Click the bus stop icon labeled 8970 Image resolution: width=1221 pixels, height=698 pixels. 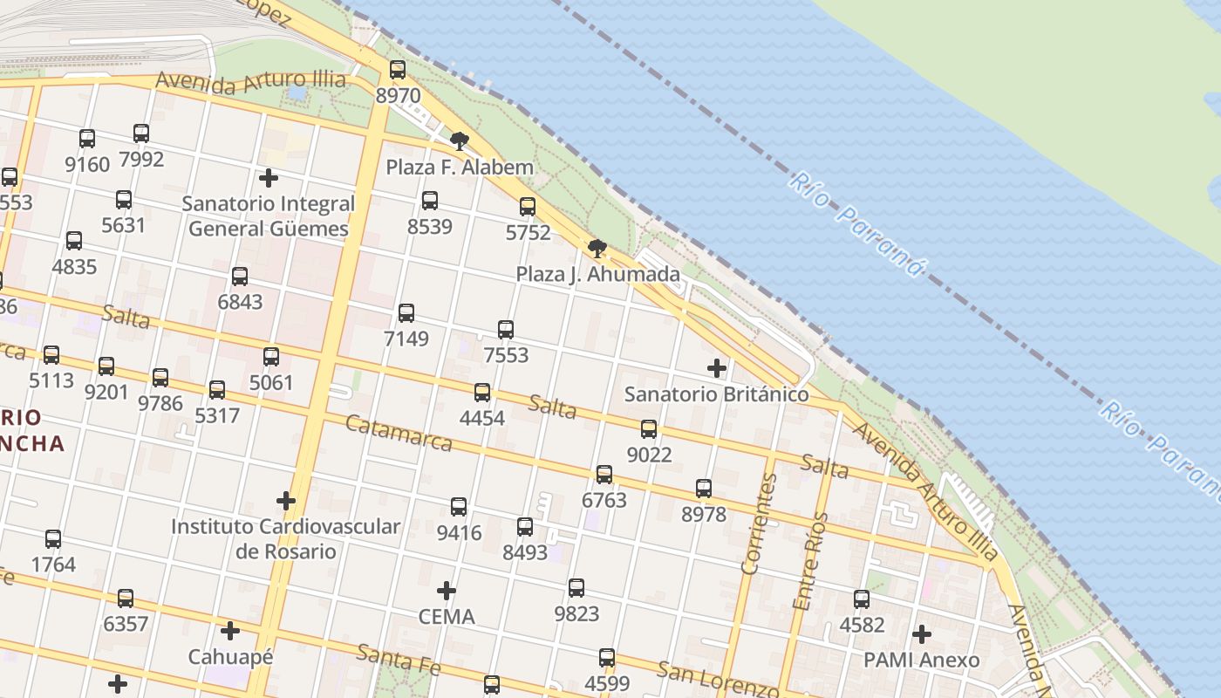(398, 70)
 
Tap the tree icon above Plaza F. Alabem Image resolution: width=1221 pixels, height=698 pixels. (459, 140)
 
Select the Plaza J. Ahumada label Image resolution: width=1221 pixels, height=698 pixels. (597, 274)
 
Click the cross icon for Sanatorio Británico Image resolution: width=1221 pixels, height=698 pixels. (717, 368)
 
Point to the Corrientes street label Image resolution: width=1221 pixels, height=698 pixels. (758, 523)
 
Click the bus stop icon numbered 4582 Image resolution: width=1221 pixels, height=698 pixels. (862, 599)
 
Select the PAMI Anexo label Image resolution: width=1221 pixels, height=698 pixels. (921, 660)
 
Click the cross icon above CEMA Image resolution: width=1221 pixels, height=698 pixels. (447, 591)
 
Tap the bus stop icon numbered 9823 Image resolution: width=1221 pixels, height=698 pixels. (576, 588)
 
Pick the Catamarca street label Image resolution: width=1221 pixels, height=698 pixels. (399, 434)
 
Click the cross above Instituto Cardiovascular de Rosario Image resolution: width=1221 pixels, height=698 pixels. (285, 501)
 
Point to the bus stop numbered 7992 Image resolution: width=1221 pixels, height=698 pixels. (141, 133)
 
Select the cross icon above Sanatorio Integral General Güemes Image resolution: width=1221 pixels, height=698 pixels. (269, 178)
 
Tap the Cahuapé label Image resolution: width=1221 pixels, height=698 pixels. (230, 656)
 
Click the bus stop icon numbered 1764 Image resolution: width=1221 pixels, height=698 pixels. (53, 539)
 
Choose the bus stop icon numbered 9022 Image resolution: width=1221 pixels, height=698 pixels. (649, 429)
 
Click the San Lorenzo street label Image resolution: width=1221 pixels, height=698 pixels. (717, 680)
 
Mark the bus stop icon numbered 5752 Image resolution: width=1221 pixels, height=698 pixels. (528, 207)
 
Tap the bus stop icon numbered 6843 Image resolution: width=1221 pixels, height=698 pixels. (240, 277)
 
